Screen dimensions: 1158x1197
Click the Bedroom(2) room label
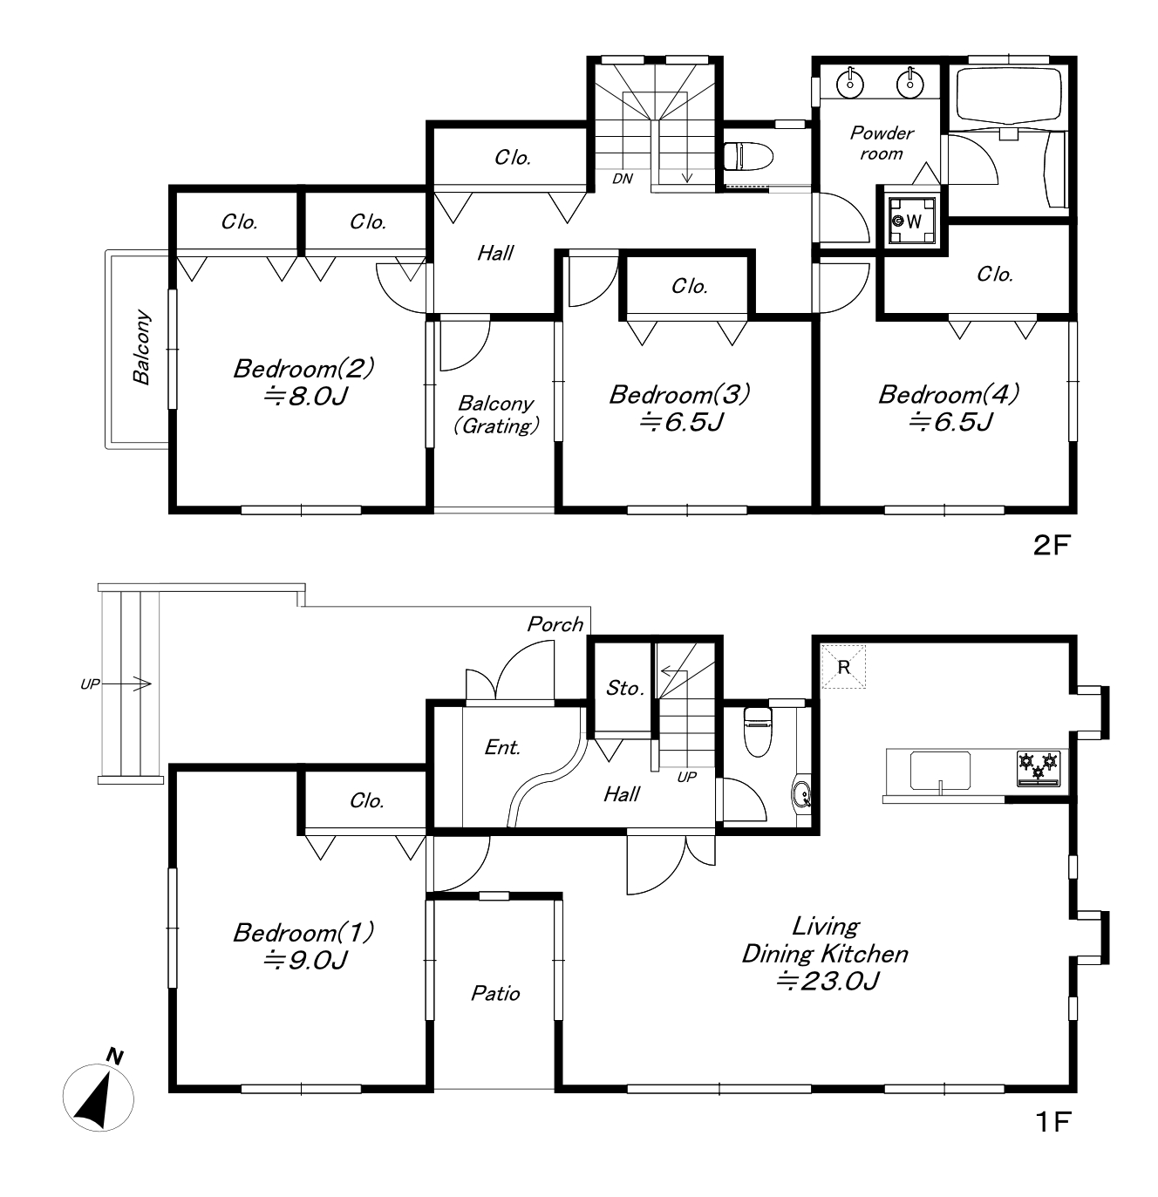click(x=303, y=369)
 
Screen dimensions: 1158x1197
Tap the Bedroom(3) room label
click(x=679, y=394)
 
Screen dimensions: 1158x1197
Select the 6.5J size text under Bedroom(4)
click(x=950, y=422)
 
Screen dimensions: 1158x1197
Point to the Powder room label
click(x=882, y=143)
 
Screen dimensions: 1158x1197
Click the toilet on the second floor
click(x=749, y=156)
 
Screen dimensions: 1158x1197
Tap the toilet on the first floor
click(x=758, y=732)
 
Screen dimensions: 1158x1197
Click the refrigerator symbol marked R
click(x=843, y=667)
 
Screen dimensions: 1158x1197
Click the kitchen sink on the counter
click(x=940, y=770)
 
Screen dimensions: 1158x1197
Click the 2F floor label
click(x=1052, y=545)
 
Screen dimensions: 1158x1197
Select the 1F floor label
click(x=1053, y=1122)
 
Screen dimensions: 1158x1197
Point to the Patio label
click(x=495, y=993)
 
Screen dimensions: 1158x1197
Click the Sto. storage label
click(x=624, y=688)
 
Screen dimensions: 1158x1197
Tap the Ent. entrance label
click(x=502, y=747)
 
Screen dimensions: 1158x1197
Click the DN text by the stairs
click(x=622, y=179)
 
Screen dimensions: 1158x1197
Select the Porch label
click(x=555, y=624)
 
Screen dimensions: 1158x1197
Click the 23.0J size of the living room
click(x=827, y=981)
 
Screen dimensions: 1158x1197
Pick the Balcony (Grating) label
click(x=496, y=415)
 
